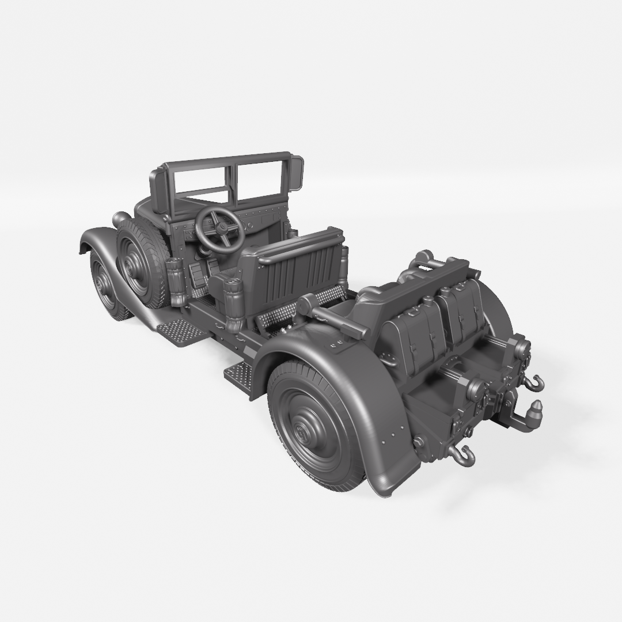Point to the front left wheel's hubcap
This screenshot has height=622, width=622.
coord(104,285)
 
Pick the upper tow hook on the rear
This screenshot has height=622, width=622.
coord(536,382)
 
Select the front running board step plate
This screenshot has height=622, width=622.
coord(181,332)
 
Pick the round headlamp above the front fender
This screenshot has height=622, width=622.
coord(122,219)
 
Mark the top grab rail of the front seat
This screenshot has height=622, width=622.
coord(299,245)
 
